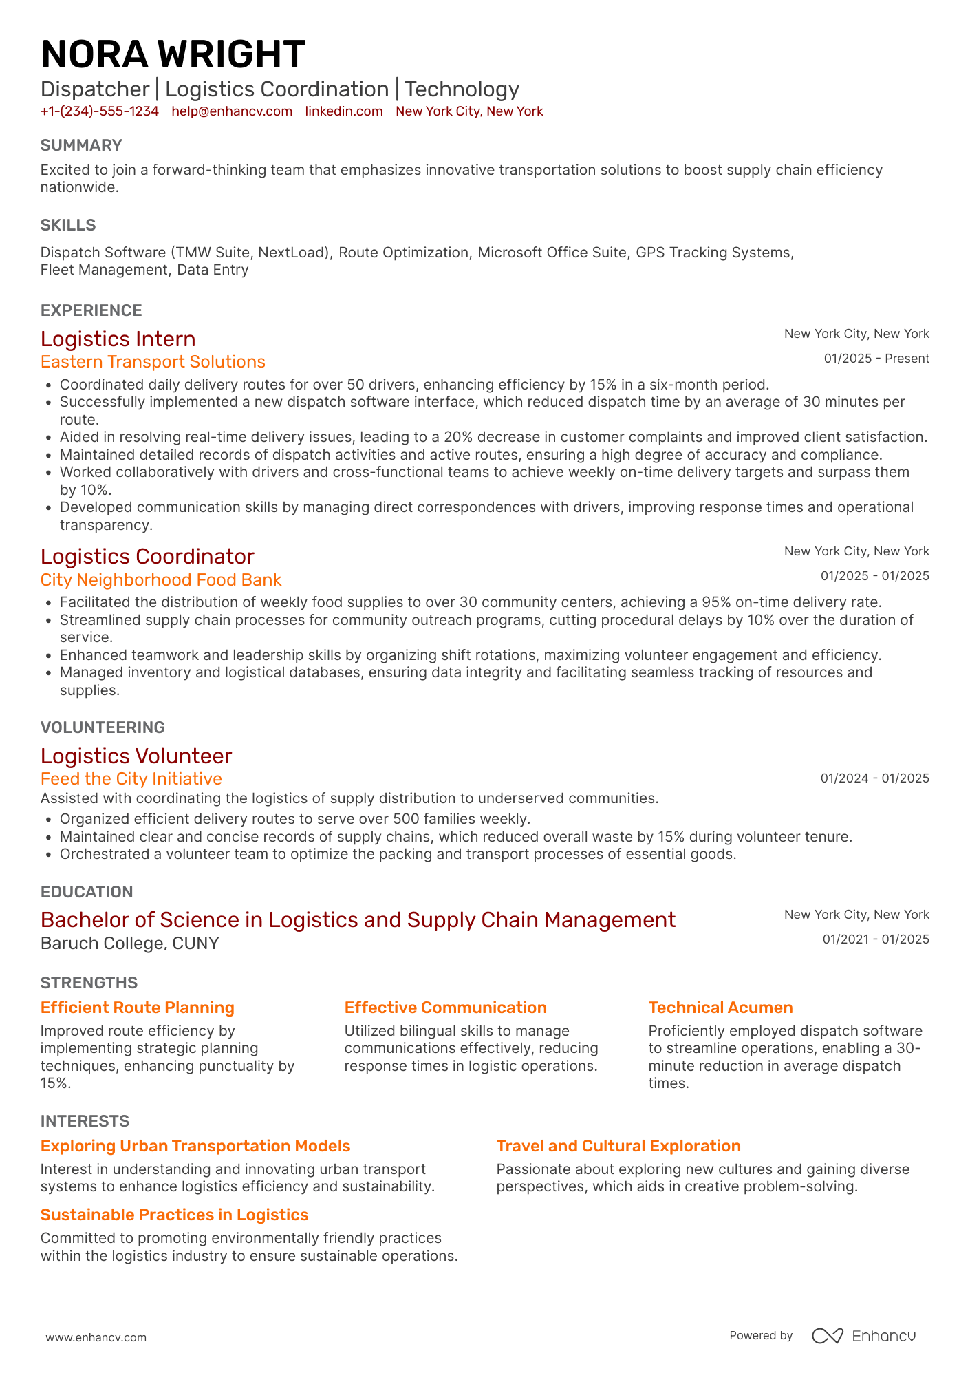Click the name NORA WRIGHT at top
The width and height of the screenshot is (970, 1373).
tap(173, 55)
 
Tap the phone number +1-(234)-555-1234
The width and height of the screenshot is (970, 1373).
tap(100, 111)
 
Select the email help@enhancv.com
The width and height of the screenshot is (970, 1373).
tap(232, 111)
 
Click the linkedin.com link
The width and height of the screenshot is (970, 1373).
tap(344, 111)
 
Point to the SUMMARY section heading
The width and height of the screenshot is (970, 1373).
tap(81, 145)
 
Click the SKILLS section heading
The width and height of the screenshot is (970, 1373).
tap(68, 225)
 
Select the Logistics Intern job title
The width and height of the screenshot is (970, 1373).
tap(118, 339)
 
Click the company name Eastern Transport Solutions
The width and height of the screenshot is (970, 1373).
tap(153, 362)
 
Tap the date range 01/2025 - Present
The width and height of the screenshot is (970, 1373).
tap(876, 359)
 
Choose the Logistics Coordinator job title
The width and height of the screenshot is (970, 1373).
tap(147, 557)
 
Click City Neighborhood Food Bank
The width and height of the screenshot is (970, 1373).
tap(161, 580)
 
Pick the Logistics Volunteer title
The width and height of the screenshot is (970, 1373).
tap(136, 756)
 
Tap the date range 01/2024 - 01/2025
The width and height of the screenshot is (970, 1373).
tap(874, 778)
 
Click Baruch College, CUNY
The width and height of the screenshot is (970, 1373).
tap(130, 944)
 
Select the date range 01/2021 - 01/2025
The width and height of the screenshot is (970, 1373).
tap(875, 939)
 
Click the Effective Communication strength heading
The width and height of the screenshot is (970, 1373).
tap(445, 1008)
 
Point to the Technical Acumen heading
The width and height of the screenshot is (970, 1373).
tap(720, 1008)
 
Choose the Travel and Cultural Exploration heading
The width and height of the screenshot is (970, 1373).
tap(618, 1146)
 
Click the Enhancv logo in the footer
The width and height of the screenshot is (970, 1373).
tap(863, 1336)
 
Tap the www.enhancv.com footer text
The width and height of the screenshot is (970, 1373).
tap(96, 1337)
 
